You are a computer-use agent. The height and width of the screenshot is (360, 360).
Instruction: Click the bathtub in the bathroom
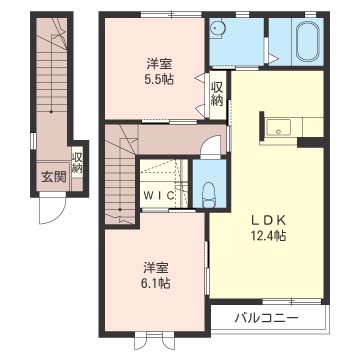pos(307,42)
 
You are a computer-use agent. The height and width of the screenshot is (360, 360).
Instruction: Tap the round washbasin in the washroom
pos(218,27)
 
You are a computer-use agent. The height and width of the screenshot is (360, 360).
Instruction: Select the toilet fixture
pos(209,195)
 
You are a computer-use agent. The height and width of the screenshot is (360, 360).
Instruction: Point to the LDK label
pos(268,221)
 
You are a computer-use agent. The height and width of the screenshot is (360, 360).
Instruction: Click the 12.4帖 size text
pos(268,236)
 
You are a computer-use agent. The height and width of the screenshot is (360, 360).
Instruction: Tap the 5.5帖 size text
pos(156,79)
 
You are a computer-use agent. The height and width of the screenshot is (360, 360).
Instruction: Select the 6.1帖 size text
pos(156,283)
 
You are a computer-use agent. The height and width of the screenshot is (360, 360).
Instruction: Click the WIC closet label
pos(159,195)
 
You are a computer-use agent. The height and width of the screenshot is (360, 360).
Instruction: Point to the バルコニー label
pos(266,318)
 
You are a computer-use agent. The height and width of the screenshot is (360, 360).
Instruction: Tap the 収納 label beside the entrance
pos(77,163)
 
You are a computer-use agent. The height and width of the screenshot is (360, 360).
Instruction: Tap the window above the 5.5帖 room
pos(171,14)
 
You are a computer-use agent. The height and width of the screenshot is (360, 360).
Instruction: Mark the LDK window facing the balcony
pos(292,301)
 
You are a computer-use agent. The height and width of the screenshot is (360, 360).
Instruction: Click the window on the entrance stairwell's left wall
pos(33,140)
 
